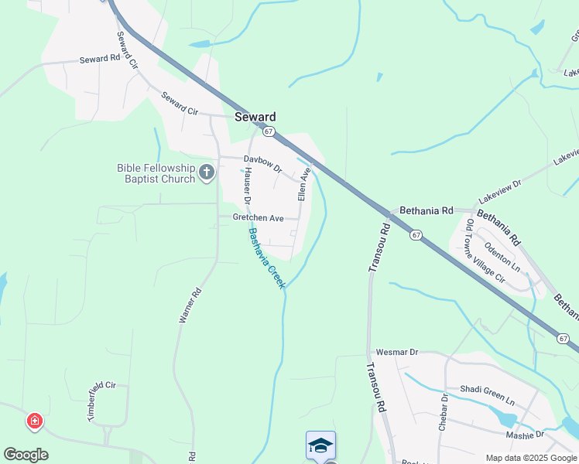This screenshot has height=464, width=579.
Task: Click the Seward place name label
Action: pyautogui.click(x=255, y=117)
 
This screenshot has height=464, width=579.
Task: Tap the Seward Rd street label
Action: pyautogui.click(x=100, y=59)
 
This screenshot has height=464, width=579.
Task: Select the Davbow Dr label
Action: pyautogui.click(x=263, y=163)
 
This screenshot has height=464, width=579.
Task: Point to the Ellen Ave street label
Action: pyautogui.click(x=305, y=183)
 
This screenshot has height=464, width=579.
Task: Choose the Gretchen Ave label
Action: pyautogui.click(x=259, y=218)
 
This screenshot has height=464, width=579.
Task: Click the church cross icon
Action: pyautogui.click(x=207, y=172)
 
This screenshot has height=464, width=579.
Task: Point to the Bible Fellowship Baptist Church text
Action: pyautogui.click(x=156, y=173)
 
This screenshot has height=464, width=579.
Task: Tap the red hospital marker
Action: pyautogui.click(x=34, y=421)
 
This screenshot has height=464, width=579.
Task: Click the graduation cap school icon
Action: pyautogui.click(x=320, y=445)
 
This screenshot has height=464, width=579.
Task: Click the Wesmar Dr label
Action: pyautogui.click(x=396, y=352)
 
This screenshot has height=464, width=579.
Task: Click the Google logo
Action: pyautogui.click(x=26, y=455)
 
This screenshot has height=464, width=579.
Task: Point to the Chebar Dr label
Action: pyautogui.click(x=444, y=408)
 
